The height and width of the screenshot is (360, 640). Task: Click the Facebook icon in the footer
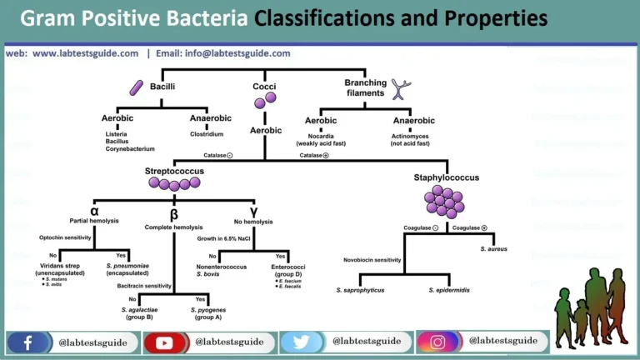tap(27, 342)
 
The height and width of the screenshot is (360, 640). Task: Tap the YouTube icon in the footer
tap(164, 342)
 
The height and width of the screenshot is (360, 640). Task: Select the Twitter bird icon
tap(301, 342)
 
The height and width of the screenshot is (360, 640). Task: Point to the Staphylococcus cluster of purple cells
tap(446, 201)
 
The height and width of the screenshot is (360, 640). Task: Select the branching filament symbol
tap(402, 89)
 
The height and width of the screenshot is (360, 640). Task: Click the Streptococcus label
tap(174, 171)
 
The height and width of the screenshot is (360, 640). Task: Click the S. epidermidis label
tap(451, 290)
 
